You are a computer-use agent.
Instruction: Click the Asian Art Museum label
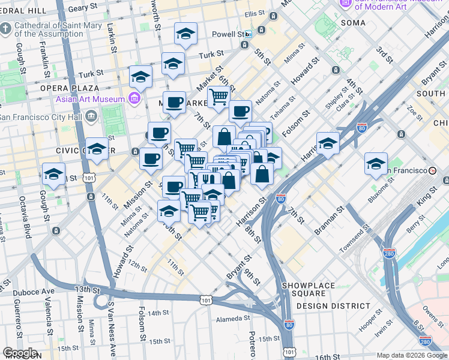click(90, 99)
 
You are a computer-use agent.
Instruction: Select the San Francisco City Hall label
click(40, 115)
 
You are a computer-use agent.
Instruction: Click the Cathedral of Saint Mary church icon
click(5, 28)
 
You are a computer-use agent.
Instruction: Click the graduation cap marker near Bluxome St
click(376, 163)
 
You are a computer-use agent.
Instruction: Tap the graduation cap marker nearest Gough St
click(53, 175)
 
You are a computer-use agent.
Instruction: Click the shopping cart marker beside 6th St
click(218, 95)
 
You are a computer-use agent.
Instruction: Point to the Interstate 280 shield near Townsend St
click(389, 253)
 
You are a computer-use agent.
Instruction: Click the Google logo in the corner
click(20, 353)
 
